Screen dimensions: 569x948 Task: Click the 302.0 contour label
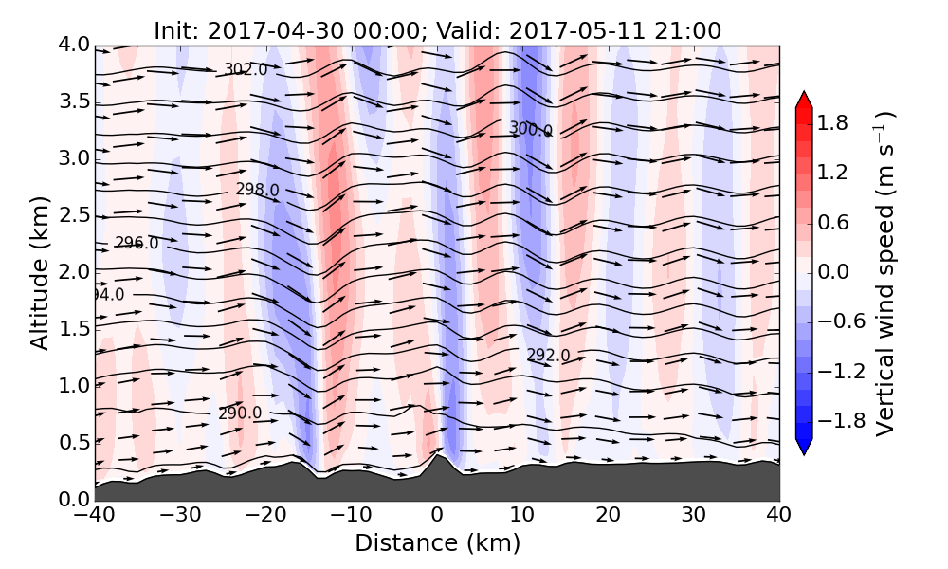(246, 69)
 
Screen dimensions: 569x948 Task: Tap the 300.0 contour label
(530, 129)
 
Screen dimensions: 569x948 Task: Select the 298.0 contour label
(257, 190)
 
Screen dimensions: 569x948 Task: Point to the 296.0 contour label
(137, 244)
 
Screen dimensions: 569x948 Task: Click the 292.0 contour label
(548, 356)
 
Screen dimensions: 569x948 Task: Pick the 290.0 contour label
(240, 413)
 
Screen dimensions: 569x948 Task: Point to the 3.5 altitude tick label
(74, 101)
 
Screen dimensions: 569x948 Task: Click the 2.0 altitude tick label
(74, 272)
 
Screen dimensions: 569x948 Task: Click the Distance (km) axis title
(437, 543)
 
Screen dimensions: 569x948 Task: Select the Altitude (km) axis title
(40, 272)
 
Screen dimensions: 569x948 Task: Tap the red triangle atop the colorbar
(804, 101)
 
